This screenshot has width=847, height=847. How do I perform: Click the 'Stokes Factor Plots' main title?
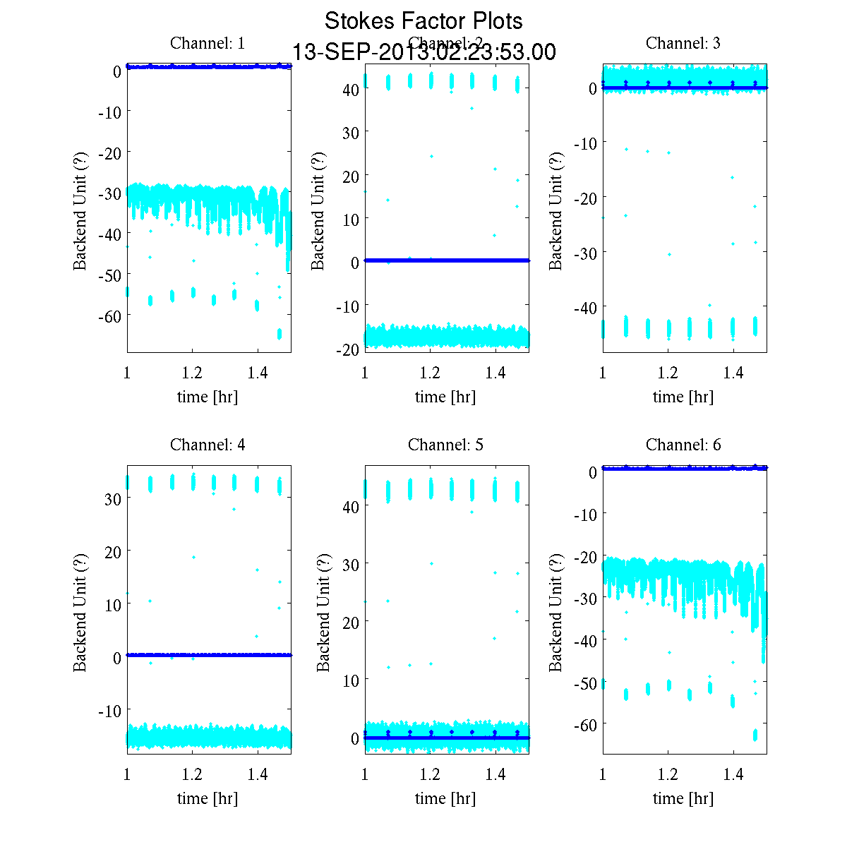423,21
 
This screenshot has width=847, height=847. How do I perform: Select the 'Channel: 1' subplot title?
208,43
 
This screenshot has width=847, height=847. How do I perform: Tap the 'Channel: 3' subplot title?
683,43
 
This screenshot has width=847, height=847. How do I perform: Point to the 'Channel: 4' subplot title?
208,445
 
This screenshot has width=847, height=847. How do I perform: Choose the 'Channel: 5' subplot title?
445,445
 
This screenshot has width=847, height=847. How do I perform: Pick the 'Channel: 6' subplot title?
683,445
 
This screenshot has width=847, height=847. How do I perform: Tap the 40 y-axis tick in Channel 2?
351,89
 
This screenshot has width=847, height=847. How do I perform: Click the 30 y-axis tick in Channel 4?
112,498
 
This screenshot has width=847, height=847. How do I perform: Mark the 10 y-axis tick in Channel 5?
351,680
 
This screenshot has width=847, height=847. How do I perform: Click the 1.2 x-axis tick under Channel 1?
193,373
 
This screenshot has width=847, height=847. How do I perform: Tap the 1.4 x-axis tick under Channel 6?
734,775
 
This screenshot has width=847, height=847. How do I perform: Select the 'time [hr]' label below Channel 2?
445,397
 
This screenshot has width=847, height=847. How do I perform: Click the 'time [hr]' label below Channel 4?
208,798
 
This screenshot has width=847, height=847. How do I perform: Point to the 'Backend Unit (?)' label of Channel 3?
556,210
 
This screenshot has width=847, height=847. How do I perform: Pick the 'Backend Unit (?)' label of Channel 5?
323,612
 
